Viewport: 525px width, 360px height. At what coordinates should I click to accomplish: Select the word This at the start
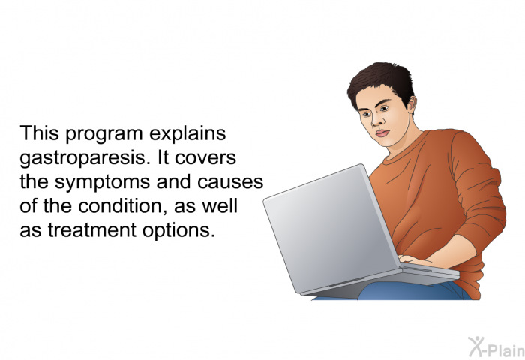(x=40, y=133)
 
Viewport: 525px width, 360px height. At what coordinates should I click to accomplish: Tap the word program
(x=104, y=134)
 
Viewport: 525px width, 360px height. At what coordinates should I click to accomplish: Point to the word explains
(x=187, y=134)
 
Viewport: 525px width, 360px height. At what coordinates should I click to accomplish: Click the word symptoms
(x=103, y=183)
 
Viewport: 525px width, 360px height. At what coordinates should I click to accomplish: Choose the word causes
(x=230, y=182)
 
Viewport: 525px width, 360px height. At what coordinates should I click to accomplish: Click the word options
(x=178, y=231)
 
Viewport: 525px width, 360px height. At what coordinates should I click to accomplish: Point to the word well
(x=220, y=205)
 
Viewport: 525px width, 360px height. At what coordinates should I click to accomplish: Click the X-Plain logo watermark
(x=496, y=347)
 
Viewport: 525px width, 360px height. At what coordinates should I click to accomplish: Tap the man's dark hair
(x=382, y=80)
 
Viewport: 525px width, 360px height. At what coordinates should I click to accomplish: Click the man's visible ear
(x=412, y=103)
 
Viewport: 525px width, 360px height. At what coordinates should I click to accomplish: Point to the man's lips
(x=382, y=133)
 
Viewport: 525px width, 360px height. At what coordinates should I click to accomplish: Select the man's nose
(x=376, y=121)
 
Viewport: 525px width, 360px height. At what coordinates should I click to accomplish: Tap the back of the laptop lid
(x=331, y=228)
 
